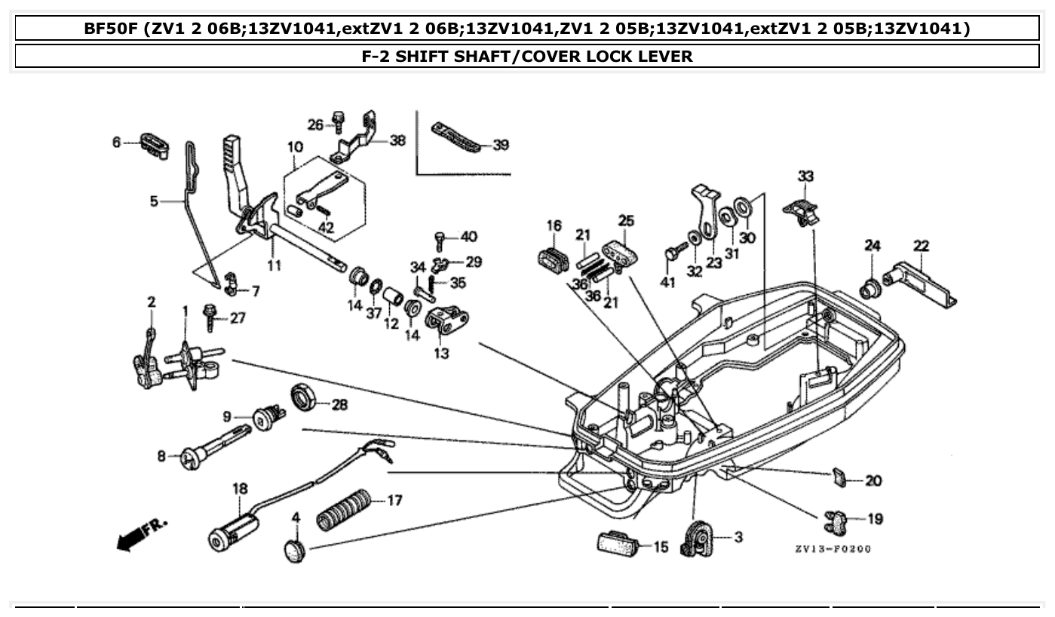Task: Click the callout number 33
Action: [x=805, y=177]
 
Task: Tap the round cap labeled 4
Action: [x=294, y=549]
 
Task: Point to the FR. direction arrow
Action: [x=142, y=534]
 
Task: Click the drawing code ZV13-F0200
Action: [x=832, y=549]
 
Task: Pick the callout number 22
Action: [x=921, y=246]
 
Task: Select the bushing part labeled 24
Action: [x=871, y=287]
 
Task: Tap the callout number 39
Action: [x=500, y=146]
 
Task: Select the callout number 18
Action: [x=240, y=489]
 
